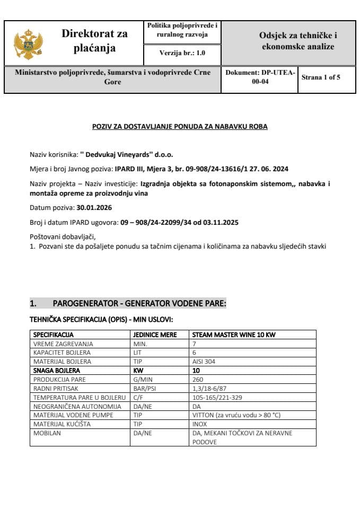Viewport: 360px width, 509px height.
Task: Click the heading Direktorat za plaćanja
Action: [x=94, y=41]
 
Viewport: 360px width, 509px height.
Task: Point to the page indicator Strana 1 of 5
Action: [x=321, y=77]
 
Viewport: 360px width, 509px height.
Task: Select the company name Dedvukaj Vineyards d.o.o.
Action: [x=126, y=155]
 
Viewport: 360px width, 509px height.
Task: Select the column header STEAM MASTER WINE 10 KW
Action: [x=234, y=335]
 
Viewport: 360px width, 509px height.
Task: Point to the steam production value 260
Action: [x=198, y=380]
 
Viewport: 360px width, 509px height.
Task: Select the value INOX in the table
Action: [x=200, y=424]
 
